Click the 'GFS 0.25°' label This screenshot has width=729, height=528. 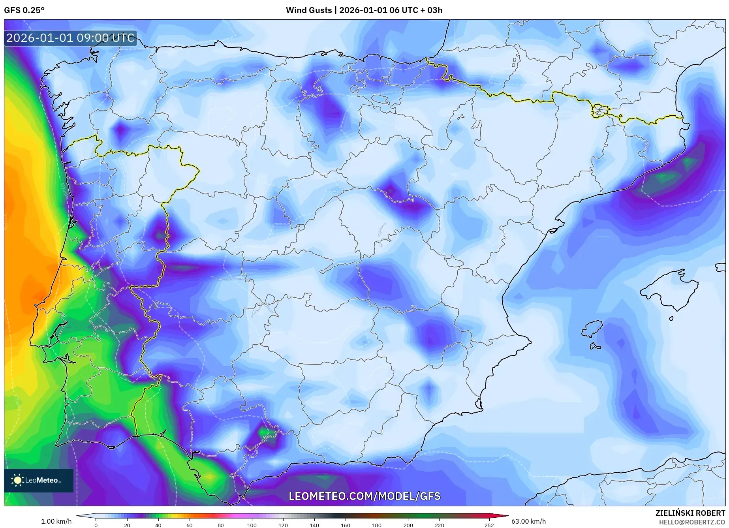click(x=24, y=10)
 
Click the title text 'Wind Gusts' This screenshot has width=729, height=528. click(x=308, y=10)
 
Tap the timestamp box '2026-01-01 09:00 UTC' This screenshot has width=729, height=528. click(x=70, y=38)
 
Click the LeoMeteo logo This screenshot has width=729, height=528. click(x=38, y=480)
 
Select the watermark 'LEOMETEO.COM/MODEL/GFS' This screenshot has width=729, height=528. click(x=364, y=496)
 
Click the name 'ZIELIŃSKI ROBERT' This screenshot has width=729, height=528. click(x=690, y=513)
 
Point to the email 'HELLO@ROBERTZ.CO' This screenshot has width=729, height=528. click(x=691, y=522)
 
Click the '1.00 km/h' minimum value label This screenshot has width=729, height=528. click(x=56, y=521)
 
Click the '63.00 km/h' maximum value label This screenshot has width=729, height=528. click(x=528, y=521)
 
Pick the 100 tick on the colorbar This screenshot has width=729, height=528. click(x=252, y=525)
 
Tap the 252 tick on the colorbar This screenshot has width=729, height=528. click(x=489, y=525)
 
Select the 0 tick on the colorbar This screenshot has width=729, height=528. click(x=96, y=525)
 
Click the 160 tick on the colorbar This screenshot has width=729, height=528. click(x=345, y=525)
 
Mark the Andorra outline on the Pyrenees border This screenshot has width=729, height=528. click(x=600, y=111)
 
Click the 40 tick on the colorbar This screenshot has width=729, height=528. click(x=158, y=525)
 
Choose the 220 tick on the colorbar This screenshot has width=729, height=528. click(x=439, y=525)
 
